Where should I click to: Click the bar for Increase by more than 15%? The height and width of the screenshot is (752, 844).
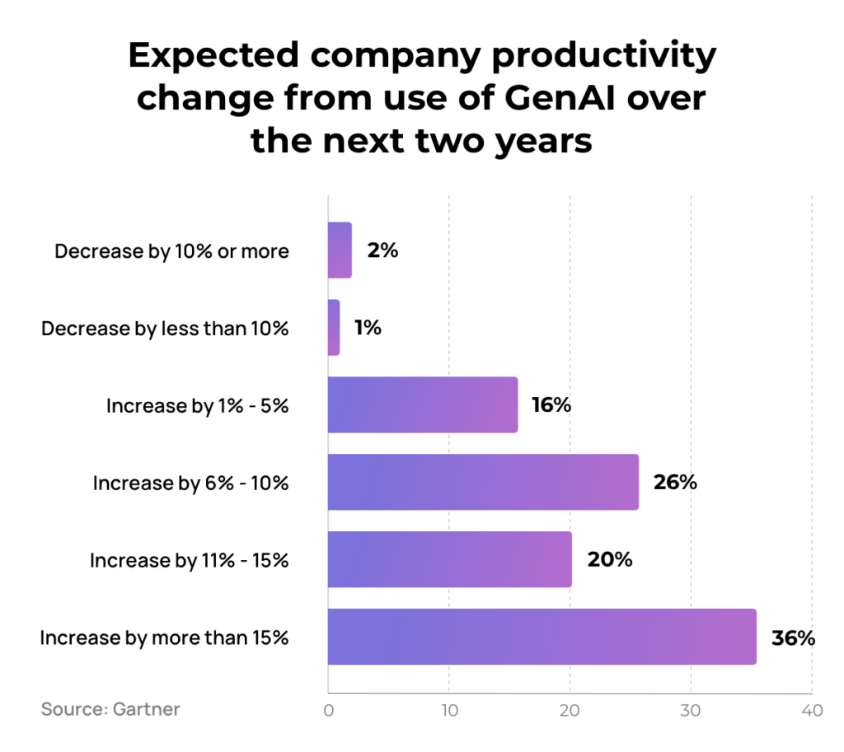542,637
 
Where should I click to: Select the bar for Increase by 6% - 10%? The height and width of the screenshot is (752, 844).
483,482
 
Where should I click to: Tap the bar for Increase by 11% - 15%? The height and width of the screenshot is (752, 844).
449,559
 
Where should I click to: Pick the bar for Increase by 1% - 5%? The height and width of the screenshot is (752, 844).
423,404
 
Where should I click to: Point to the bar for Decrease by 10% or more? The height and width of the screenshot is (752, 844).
340,250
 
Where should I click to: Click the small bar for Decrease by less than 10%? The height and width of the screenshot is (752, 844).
334,328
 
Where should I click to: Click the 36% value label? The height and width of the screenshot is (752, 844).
793,638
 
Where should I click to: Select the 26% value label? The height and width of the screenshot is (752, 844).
675,483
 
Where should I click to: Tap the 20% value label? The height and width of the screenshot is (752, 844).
609,560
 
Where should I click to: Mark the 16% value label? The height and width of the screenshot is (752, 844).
551,405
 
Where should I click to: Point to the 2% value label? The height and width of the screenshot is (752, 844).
382,251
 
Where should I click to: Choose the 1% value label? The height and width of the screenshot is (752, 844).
368,328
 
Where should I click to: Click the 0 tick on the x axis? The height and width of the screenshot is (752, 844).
329,711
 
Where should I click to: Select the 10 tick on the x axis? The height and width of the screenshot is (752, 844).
448,711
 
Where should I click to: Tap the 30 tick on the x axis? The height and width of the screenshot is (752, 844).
691,711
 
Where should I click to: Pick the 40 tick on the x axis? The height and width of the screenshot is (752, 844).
812,711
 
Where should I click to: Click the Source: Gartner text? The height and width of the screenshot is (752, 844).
110,709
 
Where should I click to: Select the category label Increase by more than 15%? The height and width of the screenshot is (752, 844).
164,638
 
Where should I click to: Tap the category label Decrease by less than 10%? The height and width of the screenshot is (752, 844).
165,329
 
